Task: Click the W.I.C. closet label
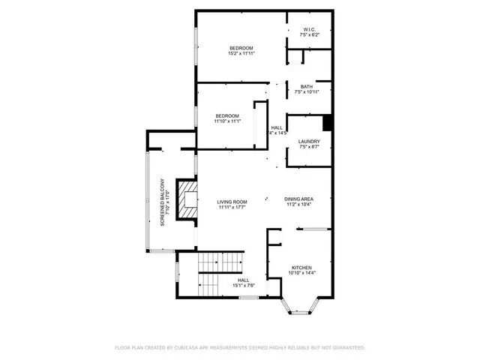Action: (310, 30)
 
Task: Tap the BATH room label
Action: (307, 86)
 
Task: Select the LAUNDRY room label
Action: (309, 142)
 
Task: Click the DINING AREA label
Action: (298, 199)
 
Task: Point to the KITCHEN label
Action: (302, 268)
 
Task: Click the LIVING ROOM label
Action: (232, 202)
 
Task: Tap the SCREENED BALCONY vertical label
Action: (161, 202)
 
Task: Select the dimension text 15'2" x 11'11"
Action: (241, 53)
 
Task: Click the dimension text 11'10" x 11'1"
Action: (226, 121)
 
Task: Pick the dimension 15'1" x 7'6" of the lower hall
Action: (244, 285)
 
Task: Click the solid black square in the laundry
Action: (327, 122)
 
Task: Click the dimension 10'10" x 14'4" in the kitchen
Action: (302, 273)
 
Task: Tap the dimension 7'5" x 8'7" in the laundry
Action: (309, 147)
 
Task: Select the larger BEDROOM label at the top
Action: (241, 48)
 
